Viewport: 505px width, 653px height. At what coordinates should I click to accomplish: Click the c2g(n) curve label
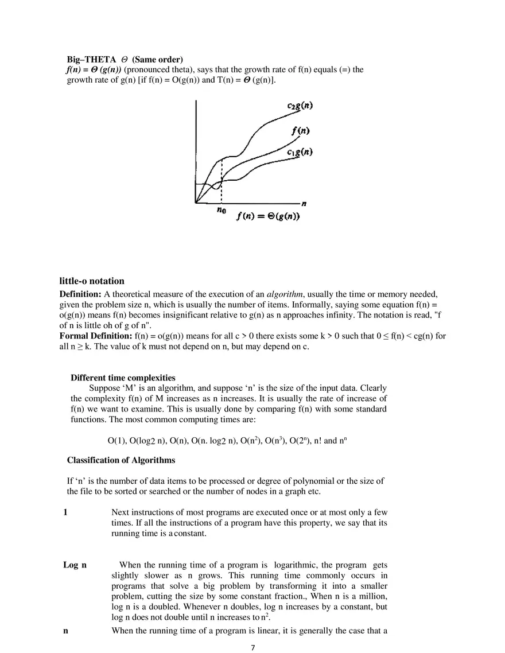coord(300,107)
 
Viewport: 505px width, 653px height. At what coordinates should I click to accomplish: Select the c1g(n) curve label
coord(300,152)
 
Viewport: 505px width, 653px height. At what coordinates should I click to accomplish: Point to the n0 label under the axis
coord(221,210)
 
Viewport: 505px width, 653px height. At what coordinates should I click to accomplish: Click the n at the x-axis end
coord(304,203)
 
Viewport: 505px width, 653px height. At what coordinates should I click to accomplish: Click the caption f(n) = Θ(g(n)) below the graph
coord(268,216)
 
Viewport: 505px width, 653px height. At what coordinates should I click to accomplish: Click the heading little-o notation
coord(92,281)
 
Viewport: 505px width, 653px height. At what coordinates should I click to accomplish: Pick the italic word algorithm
coord(285,294)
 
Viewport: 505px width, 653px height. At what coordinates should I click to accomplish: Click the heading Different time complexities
coord(123,378)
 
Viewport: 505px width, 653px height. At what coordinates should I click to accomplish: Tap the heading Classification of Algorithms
coord(121,460)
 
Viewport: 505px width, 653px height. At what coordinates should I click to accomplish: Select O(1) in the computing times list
coord(116,441)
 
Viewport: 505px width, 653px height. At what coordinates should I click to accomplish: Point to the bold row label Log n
coord(75,565)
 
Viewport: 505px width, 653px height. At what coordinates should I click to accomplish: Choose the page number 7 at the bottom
coord(252,648)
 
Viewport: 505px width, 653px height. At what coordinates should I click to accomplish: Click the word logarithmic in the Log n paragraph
coord(300,565)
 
